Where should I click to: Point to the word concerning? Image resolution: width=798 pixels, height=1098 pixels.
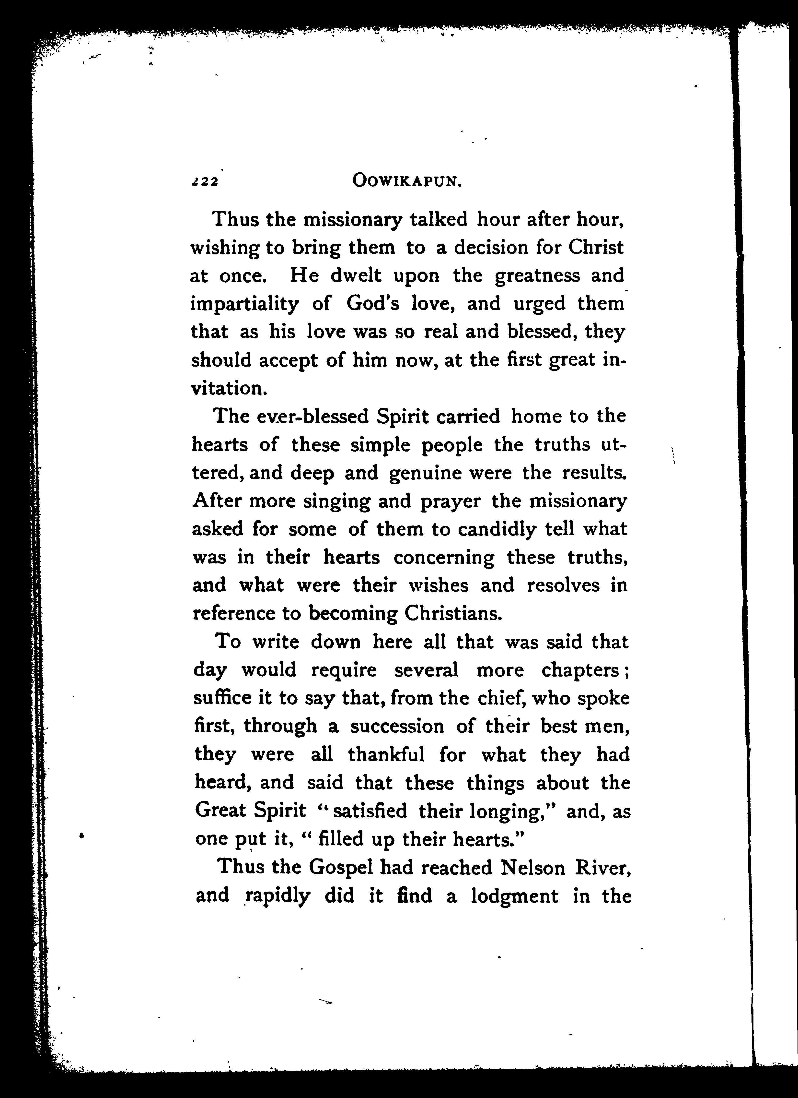[444, 558]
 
